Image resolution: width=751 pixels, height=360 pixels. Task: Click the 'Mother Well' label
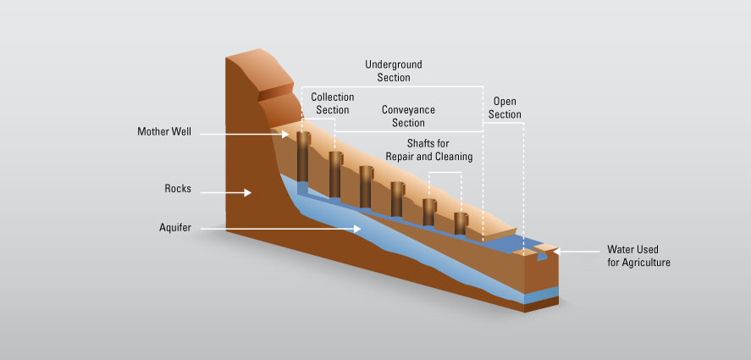pyautogui.click(x=165, y=132)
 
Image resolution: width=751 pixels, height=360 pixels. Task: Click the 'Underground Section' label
pyautogui.click(x=393, y=71)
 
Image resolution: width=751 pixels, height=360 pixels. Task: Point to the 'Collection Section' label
pyautogui.click(x=332, y=103)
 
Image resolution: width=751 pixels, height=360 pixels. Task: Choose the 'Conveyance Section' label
pyautogui.click(x=408, y=117)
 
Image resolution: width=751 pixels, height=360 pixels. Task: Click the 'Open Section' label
pyautogui.click(x=505, y=108)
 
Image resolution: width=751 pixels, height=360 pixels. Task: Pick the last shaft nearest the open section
pyautogui.click(x=461, y=223)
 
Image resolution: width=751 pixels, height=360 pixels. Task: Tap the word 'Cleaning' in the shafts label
pyautogui.click(x=453, y=157)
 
